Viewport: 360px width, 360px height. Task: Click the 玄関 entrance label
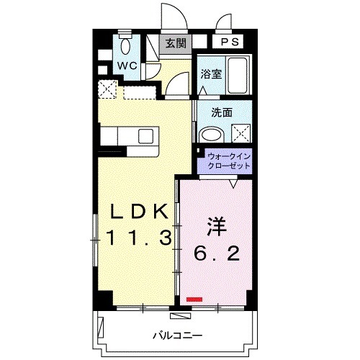click(176, 43)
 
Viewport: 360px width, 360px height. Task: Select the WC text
click(128, 66)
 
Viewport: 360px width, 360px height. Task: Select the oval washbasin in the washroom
click(211, 134)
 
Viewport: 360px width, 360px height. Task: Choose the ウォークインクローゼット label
click(228, 160)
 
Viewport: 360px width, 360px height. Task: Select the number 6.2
click(216, 253)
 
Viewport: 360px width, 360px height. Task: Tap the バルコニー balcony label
click(177, 336)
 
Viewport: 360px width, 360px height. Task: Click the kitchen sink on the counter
click(145, 135)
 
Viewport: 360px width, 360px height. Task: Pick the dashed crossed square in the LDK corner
click(107, 90)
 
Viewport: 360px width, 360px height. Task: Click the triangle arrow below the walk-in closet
click(233, 184)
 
